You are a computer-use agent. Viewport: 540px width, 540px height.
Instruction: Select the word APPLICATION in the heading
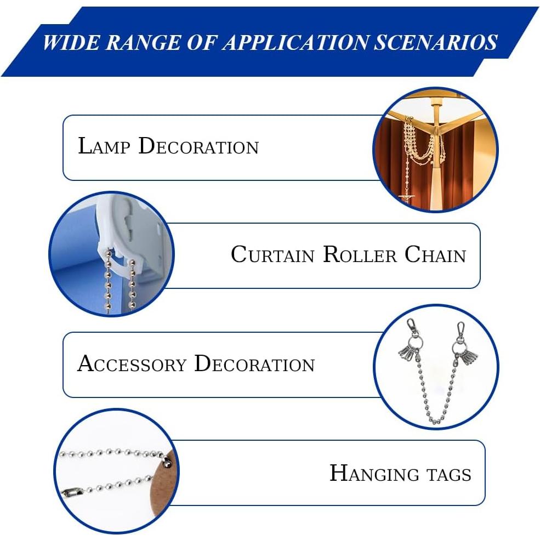tap(296, 42)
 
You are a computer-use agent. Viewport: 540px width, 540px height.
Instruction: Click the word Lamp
tap(104, 146)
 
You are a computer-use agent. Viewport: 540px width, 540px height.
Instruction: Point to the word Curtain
tap(272, 254)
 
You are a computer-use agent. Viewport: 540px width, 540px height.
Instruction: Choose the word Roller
tap(360, 254)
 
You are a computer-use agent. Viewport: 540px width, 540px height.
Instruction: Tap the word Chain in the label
tap(435, 254)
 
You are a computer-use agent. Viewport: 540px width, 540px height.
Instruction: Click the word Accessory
tap(132, 363)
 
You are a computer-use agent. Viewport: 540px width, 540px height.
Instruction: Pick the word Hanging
tap(374, 473)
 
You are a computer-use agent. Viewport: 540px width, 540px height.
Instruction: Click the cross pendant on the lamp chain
tap(407, 198)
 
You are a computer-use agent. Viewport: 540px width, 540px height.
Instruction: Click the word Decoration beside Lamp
tap(198, 146)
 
